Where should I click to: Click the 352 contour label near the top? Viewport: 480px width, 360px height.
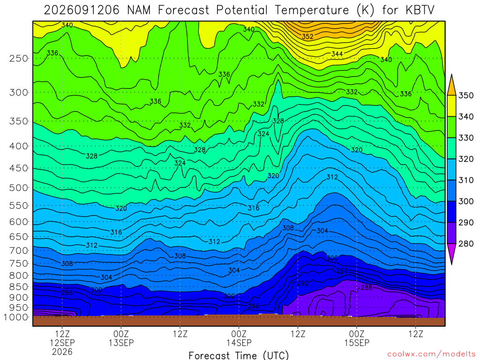pos(307,37)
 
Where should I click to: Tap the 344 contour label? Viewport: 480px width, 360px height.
pos(337,54)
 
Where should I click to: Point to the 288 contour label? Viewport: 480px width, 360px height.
pos(367,287)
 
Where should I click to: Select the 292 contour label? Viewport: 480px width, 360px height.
pos(303,284)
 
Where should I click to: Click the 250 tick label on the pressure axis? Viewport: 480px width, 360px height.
pos(19,58)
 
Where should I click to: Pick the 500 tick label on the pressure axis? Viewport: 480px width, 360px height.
pos(19,187)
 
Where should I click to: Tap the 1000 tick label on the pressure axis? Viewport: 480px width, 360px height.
pos(16,317)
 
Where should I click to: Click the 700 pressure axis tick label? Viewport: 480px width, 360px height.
pos(19,250)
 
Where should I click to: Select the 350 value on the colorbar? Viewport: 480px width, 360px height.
pos(465,96)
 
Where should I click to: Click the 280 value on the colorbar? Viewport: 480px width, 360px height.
pos(465,244)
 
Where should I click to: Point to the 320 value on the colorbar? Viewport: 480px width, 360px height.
pos(465,159)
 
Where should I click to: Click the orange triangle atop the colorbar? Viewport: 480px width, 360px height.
pos(451,85)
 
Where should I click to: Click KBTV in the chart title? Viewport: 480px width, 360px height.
pos(420,10)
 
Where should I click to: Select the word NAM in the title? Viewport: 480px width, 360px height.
pos(139,10)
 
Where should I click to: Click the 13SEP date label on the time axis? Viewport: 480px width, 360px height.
pos(121,343)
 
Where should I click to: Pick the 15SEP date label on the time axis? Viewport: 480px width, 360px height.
pos(357,343)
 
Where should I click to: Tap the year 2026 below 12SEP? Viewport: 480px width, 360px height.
pos(62,352)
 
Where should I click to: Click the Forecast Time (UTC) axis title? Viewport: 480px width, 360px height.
pos(239,355)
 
